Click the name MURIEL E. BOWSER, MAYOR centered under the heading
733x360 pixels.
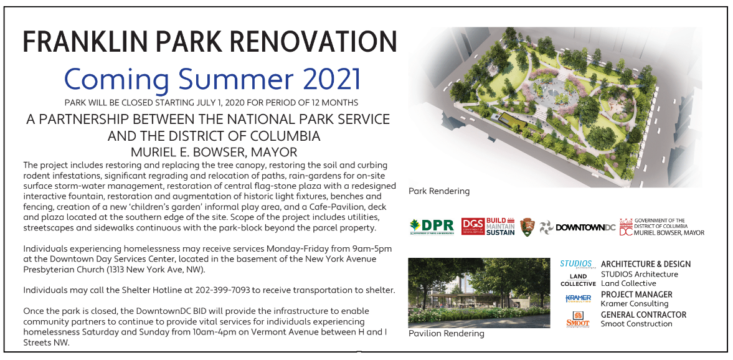(x=214, y=153)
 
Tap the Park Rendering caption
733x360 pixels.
(x=439, y=191)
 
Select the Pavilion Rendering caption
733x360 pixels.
(x=446, y=333)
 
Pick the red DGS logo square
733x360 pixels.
(x=472, y=226)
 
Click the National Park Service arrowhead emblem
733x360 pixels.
(x=527, y=227)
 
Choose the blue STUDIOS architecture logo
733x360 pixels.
(x=577, y=265)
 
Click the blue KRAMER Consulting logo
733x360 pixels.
(x=579, y=299)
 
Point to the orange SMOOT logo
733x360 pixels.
(x=578, y=320)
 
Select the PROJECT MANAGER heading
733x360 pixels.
(x=636, y=295)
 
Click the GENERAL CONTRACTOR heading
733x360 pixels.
(x=644, y=315)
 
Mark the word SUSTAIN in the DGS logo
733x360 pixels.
(x=500, y=232)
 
